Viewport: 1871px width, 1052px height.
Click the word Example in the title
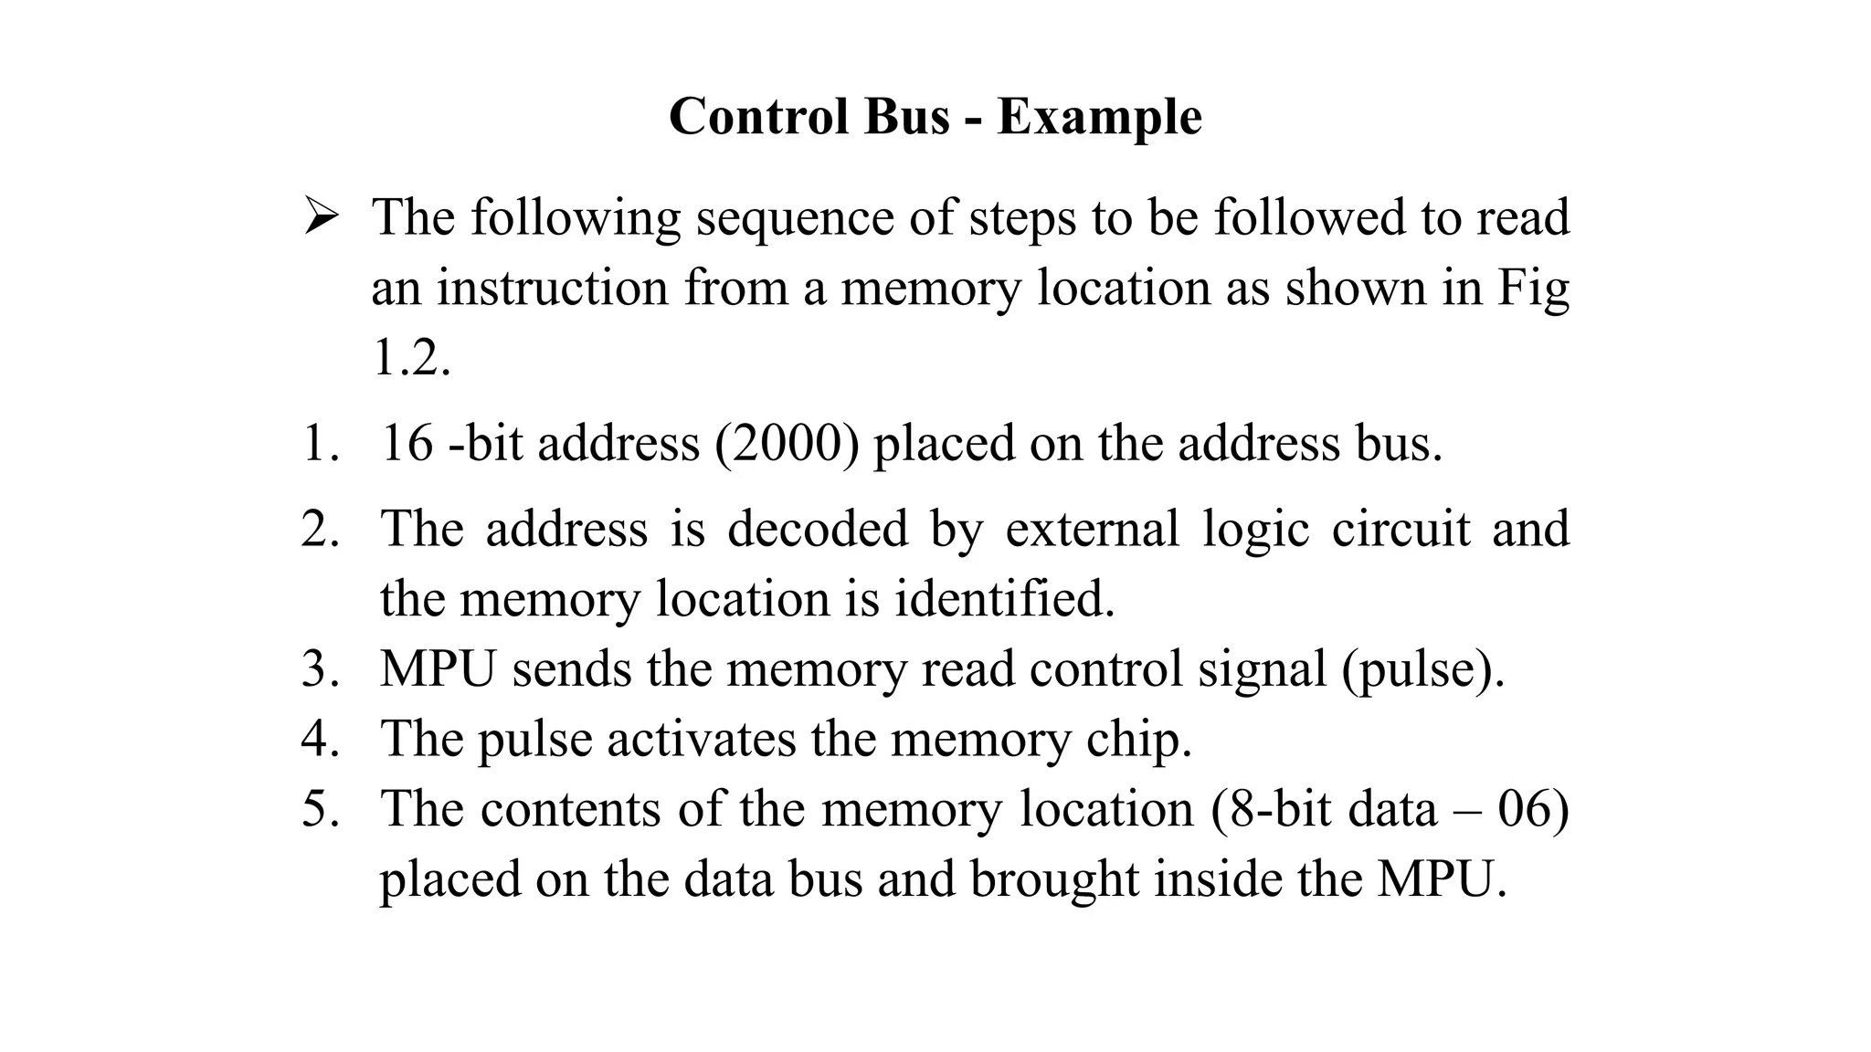[1099, 118]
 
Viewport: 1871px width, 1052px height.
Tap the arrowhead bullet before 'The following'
[322, 217]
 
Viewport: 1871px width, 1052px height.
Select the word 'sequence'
[794, 219]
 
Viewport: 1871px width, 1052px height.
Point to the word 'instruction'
[553, 288]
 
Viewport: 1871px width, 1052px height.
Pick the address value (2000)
[787, 445]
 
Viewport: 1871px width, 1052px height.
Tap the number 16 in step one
[407, 444]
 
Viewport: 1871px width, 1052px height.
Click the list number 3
[320, 669]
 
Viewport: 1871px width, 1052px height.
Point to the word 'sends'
[572, 669]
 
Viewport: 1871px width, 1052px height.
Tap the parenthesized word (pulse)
[1422, 669]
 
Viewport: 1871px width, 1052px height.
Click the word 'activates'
[701, 739]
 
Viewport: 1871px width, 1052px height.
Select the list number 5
[320, 809]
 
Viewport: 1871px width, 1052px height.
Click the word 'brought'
[1052, 880]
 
